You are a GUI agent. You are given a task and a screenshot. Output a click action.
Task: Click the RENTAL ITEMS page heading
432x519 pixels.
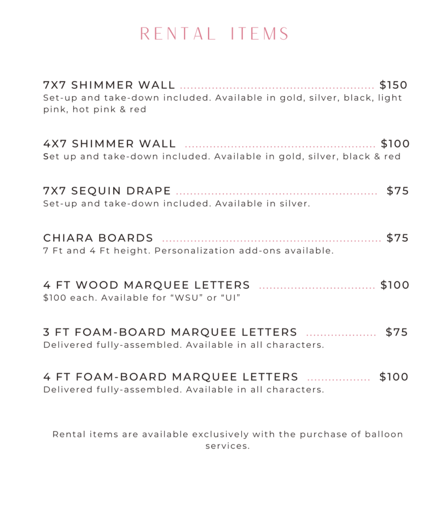[215, 34]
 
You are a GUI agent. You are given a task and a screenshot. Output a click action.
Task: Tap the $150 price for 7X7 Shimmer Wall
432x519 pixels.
[393, 85]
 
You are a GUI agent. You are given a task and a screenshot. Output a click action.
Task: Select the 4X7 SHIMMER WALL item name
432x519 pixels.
[110, 144]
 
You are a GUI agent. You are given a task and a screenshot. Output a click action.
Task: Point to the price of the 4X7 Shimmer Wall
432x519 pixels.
[395, 144]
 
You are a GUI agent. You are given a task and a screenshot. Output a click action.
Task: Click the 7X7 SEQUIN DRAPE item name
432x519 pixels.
[107, 191]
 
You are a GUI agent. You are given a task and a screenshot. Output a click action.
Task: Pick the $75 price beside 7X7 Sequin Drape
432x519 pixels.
[397, 191]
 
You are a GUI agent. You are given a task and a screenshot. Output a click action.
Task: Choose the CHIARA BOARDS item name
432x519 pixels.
[98, 238]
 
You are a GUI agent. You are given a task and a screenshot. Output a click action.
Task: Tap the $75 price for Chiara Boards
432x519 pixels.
[397, 238]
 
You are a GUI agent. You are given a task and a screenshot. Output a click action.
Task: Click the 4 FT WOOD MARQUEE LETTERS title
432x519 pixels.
[147, 285]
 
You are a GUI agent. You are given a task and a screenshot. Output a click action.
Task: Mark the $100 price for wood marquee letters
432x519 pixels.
[394, 285]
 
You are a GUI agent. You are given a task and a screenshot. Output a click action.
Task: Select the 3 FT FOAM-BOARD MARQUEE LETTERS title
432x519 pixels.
[170, 332]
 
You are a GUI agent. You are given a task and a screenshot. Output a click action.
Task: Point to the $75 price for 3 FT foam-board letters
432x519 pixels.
[396, 332]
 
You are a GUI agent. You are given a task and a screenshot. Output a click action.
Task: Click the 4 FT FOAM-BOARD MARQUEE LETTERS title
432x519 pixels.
[171, 377]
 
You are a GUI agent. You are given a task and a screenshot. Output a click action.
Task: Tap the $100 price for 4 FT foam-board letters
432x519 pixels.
[393, 377]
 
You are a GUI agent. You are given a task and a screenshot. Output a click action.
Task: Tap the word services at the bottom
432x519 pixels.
[227, 447]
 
